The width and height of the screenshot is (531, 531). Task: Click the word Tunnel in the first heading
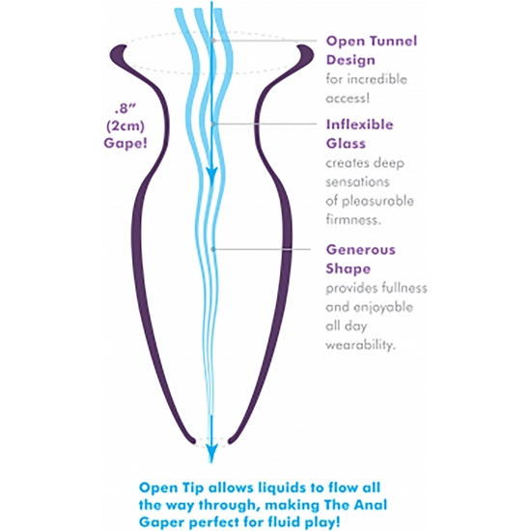coord(393,41)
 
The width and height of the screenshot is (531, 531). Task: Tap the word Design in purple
coord(350,60)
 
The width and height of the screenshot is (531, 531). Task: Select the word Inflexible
coord(360,125)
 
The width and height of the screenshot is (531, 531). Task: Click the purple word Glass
coord(346,144)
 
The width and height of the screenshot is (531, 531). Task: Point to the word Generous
coord(361,250)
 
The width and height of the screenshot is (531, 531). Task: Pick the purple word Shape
coord(349,269)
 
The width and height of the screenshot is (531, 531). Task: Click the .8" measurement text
coord(125,109)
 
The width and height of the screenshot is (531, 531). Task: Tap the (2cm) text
coord(126,126)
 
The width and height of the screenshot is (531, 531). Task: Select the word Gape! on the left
coord(126,143)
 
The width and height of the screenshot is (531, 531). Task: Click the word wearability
coord(361,345)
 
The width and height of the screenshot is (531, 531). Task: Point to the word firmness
coord(353,220)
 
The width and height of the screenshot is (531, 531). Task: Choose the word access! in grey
coord(348,98)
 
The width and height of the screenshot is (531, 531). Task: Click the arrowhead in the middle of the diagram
coord(211,176)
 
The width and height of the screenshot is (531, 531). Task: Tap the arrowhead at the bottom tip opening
coord(211,454)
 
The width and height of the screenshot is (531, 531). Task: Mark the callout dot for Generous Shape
coord(213,249)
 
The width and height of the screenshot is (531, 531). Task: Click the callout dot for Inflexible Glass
coord(213,124)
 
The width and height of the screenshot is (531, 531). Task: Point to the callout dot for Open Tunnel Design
coord(213,41)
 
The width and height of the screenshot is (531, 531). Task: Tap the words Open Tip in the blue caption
coord(172,488)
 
